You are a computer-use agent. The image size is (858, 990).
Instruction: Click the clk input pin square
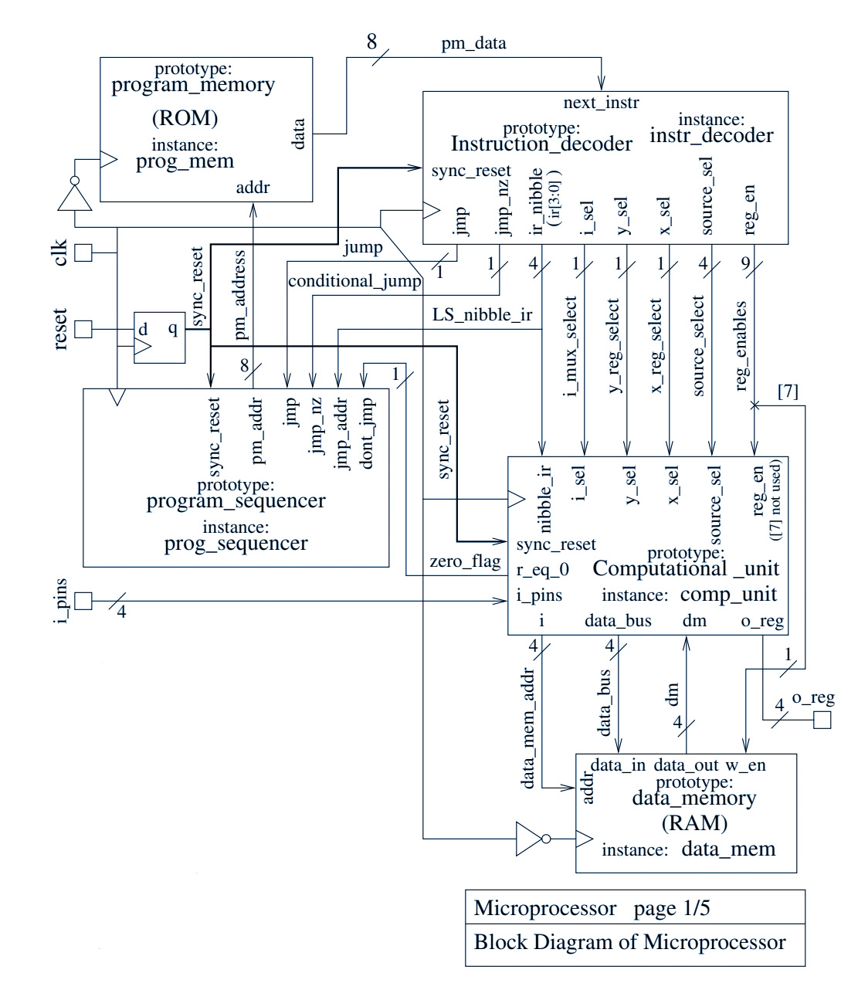83,253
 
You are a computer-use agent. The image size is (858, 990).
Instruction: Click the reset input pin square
83,329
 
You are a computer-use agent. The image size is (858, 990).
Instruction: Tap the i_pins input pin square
83,601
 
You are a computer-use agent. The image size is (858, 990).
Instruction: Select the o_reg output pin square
822,720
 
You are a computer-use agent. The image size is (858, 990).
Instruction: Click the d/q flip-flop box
160,337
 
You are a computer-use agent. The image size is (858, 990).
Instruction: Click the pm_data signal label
473,43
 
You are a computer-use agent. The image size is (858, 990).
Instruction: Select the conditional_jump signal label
354,281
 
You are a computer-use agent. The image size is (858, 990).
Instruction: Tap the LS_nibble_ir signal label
482,315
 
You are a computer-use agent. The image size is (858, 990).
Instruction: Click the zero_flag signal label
465,561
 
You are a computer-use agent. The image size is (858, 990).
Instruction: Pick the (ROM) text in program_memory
185,118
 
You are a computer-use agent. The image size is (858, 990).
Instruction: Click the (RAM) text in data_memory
694,823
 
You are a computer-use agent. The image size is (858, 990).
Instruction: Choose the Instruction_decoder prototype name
541,144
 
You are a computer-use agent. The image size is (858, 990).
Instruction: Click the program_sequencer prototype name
236,501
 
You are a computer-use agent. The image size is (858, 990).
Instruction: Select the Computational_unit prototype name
686,569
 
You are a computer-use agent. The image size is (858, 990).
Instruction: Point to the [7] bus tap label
788,392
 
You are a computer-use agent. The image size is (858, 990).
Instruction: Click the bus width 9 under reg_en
745,263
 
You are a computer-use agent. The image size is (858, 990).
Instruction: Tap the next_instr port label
601,103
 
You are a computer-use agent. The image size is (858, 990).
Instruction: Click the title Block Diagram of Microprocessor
629,943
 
